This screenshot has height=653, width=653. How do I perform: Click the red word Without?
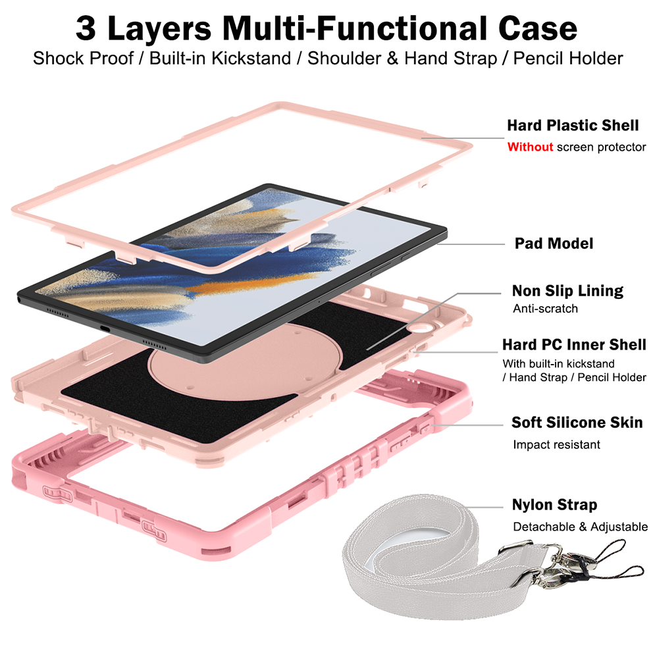pos(530,147)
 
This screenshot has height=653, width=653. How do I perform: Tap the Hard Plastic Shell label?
pos(573,125)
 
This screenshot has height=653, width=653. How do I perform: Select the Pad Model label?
pos(554,244)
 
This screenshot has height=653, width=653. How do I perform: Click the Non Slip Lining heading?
pos(567,291)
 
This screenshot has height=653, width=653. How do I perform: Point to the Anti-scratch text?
pos(546,309)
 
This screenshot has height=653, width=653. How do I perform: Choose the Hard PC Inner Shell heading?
pos(574,345)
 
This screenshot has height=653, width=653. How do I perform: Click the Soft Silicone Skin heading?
pos(577,423)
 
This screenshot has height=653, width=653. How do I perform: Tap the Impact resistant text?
pos(556,445)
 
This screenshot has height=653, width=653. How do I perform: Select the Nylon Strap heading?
pos(555,505)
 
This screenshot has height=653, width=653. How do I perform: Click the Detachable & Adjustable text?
pos(581,527)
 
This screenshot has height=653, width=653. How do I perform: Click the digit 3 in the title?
pos(86,28)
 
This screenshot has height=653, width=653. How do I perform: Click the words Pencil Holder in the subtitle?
pos(568,59)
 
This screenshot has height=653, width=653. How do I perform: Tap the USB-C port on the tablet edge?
pos(104,328)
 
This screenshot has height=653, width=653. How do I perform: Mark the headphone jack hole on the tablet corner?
pos(19,299)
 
